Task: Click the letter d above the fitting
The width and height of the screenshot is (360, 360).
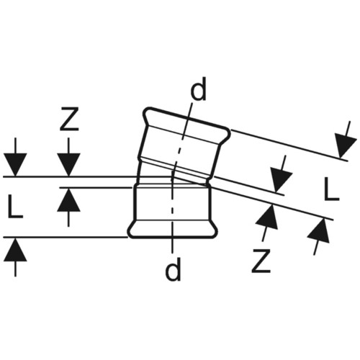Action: point(198,89)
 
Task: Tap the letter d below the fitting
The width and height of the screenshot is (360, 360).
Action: point(173,269)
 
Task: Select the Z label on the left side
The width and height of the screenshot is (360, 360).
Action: point(70,119)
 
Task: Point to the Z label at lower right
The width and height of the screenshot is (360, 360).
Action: point(261,261)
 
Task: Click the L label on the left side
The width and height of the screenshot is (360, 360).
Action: point(15,207)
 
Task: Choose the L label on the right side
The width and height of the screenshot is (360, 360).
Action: point(331,189)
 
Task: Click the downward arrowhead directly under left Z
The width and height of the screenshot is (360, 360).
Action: point(68,164)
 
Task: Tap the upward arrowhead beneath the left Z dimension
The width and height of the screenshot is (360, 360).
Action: point(68,200)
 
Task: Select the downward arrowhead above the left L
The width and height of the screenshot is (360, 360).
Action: point(15,164)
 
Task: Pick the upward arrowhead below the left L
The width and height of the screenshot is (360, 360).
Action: point(15,250)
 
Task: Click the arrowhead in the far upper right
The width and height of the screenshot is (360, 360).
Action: point(345,146)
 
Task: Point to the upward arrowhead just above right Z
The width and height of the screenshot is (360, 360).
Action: point(268,217)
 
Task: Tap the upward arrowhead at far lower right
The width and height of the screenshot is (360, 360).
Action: point(319,230)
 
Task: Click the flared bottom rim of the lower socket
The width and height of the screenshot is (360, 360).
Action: point(172,229)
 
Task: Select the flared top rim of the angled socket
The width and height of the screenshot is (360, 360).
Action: point(187,122)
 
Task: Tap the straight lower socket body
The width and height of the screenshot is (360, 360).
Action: point(172,202)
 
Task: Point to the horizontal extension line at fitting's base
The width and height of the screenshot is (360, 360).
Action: point(66,238)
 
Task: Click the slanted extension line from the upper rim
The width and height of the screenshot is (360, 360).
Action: point(289,145)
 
